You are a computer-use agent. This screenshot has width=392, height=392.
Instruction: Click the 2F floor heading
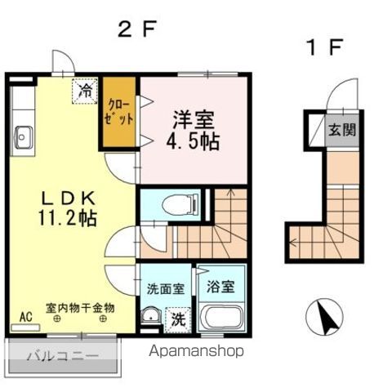click(x=138, y=29)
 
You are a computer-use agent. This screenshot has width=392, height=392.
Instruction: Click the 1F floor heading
click(x=324, y=47)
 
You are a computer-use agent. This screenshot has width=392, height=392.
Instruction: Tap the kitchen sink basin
click(x=24, y=138)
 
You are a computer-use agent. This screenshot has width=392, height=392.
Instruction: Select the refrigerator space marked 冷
click(x=85, y=91)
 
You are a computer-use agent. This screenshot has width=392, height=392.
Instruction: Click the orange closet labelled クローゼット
click(x=119, y=112)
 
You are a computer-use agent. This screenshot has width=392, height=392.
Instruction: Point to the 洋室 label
click(x=194, y=120)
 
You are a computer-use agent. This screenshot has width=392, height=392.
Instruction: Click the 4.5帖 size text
click(x=193, y=140)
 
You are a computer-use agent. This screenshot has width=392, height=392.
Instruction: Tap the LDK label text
click(x=68, y=198)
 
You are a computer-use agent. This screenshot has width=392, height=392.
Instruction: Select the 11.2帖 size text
click(x=68, y=218)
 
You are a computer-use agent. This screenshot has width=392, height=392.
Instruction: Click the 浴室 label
click(x=220, y=287)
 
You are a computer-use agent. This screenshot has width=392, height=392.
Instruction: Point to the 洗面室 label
click(x=166, y=289)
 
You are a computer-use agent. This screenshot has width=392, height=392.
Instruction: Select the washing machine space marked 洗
click(x=178, y=320)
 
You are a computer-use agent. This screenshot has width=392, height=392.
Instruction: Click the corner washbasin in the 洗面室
click(x=151, y=316)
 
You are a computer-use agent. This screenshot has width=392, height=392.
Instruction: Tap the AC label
click(x=26, y=317)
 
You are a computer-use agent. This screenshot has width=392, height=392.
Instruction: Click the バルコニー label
click(x=63, y=355)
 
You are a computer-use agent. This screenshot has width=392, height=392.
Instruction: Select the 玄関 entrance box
click(x=342, y=130)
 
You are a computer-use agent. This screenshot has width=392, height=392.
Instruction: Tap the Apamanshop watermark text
click(x=196, y=352)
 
